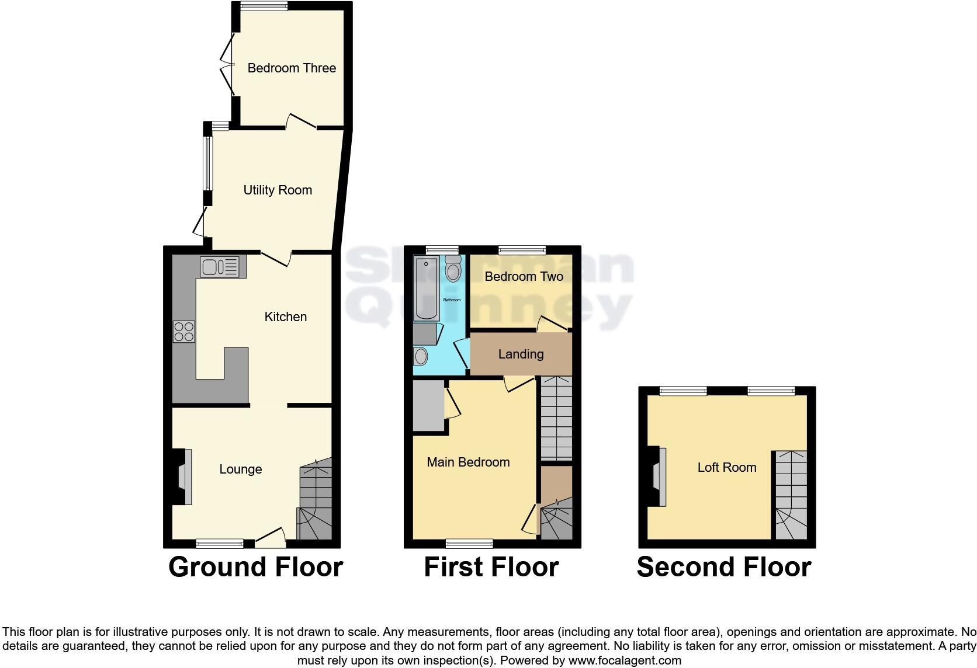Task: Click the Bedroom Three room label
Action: coord(292,68)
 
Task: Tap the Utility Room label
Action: coord(278,190)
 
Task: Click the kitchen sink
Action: coord(219,267)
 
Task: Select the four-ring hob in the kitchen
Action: coord(184,332)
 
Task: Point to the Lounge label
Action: coord(240,469)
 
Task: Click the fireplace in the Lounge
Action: coord(182,476)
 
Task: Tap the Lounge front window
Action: coord(220,544)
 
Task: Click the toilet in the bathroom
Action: coord(453,271)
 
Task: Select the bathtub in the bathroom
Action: coord(427,289)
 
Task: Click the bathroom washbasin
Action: coord(420,356)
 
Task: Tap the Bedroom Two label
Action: coord(524,277)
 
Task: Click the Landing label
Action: coord(521,354)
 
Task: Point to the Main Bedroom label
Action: coord(468,462)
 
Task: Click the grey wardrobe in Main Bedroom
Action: coord(428,405)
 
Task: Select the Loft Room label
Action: coord(726,468)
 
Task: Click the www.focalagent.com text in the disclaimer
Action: coord(625,661)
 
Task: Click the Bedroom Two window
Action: coord(522,250)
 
